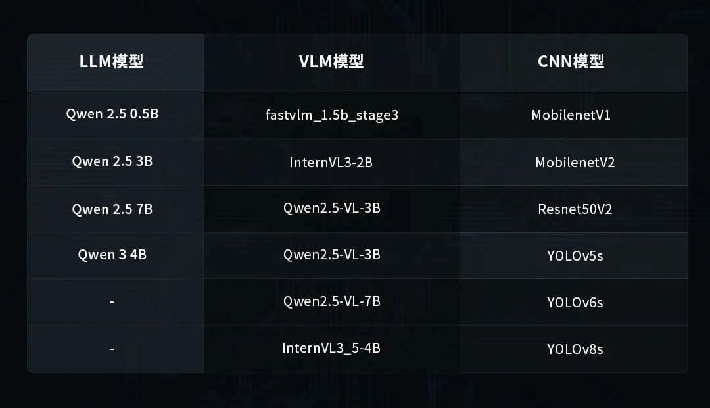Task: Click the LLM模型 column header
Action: (x=112, y=62)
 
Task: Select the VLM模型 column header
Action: (x=331, y=62)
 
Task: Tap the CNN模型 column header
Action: (x=571, y=62)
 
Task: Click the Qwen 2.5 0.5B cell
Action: (x=112, y=114)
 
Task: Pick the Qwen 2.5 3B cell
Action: (x=112, y=161)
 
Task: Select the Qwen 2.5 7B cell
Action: (x=112, y=209)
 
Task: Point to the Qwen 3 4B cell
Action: (x=112, y=255)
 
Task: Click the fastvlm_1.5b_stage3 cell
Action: (x=332, y=115)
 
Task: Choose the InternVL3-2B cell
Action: (x=331, y=162)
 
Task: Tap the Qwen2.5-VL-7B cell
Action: (x=332, y=301)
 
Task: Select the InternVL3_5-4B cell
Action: (x=331, y=348)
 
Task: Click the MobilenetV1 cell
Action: (x=571, y=115)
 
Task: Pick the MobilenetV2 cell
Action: (x=575, y=162)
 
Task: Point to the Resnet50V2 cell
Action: (x=575, y=209)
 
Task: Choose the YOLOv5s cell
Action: (x=575, y=255)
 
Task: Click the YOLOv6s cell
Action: (x=575, y=303)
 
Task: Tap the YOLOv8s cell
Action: (x=575, y=349)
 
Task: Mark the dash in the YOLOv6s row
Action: (x=112, y=301)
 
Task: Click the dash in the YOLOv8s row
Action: (x=112, y=348)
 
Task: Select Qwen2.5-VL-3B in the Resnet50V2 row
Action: (x=332, y=208)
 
